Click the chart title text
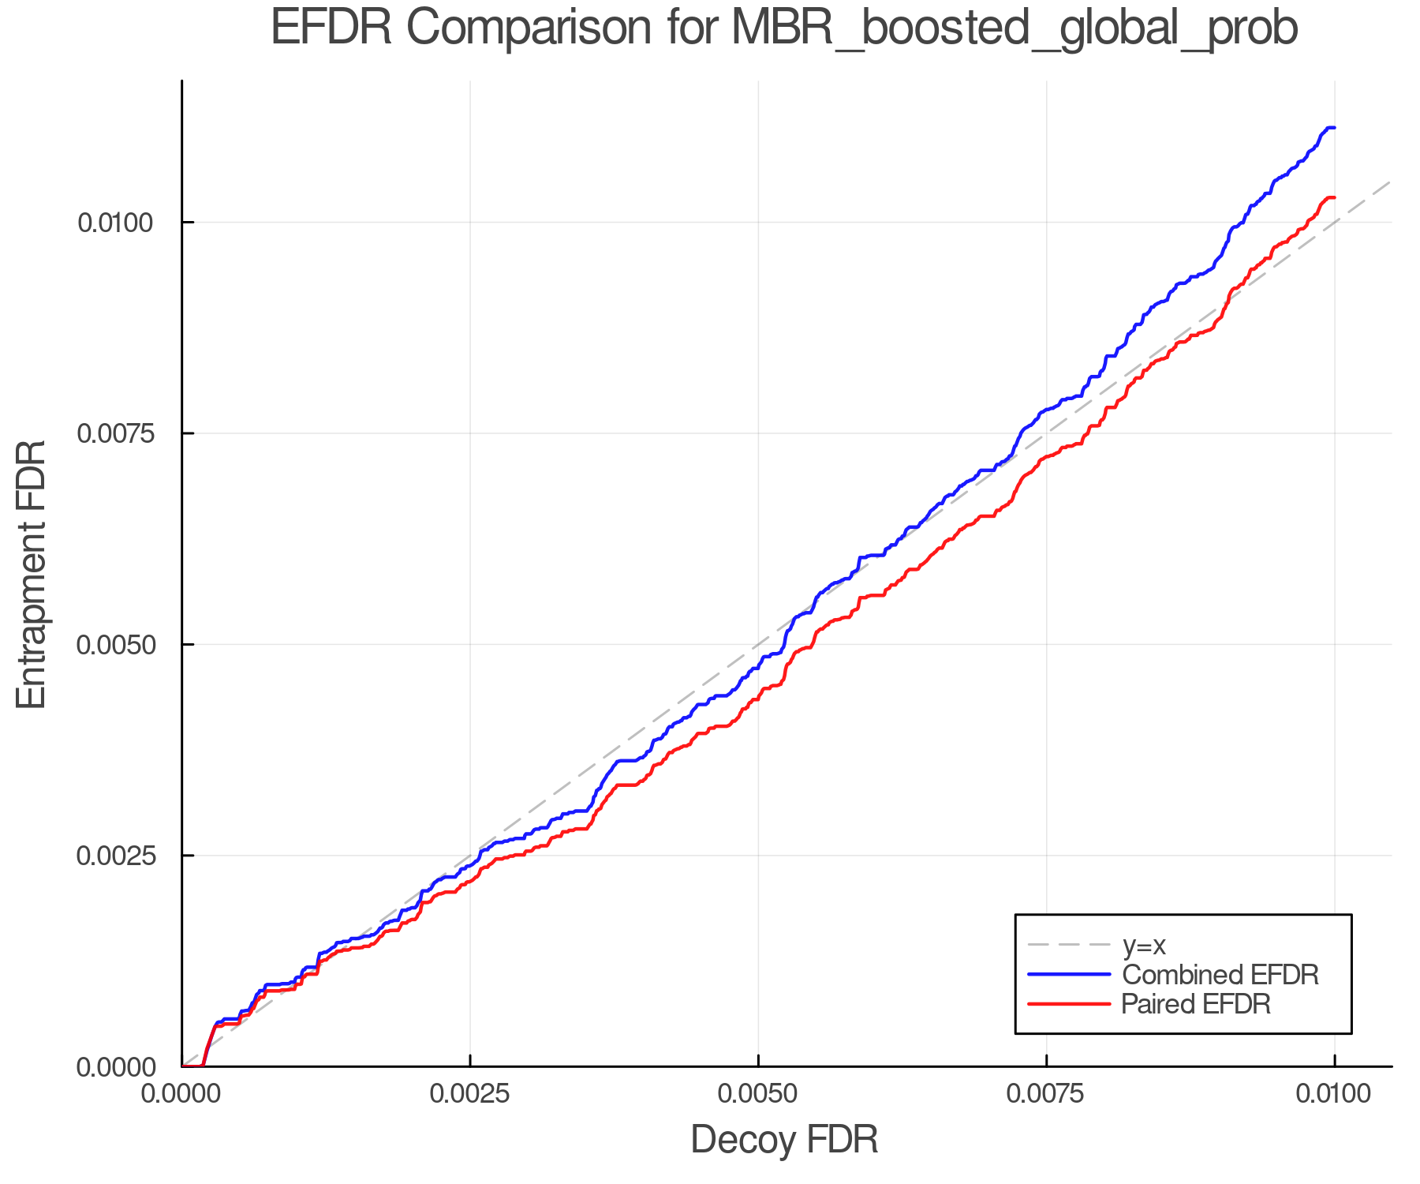(x=784, y=28)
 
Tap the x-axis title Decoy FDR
(x=784, y=1140)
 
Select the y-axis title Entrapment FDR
(x=32, y=574)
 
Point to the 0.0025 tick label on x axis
(x=470, y=1093)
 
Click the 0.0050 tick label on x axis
(x=758, y=1093)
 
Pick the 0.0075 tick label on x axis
(x=1046, y=1093)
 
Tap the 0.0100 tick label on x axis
(x=1334, y=1093)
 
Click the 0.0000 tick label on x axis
(x=182, y=1093)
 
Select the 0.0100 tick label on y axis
(x=115, y=223)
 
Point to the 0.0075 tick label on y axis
(x=115, y=433)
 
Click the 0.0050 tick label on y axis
(x=115, y=644)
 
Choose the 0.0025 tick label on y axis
(x=115, y=856)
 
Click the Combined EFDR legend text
(x=1220, y=975)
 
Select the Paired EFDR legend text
(x=1196, y=1004)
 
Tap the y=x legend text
(x=1143, y=945)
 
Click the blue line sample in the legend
(x=1069, y=975)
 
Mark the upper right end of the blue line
(x=1333, y=127)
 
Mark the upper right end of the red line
(x=1333, y=197)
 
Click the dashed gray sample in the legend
(x=1069, y=945)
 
